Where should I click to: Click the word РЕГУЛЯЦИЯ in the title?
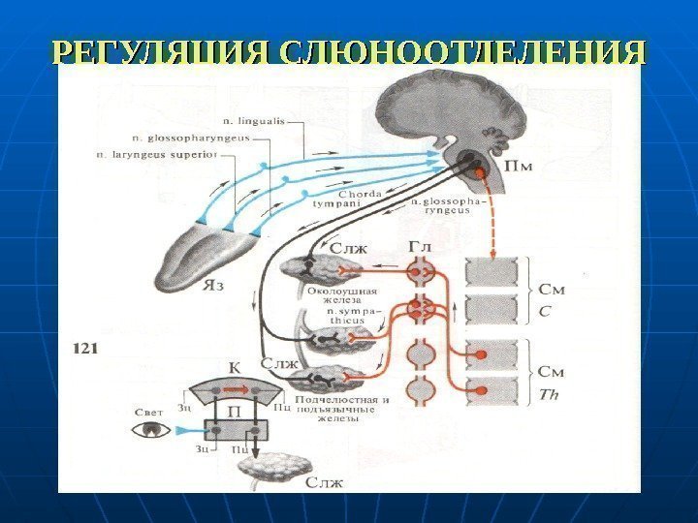click(x=161, y=52)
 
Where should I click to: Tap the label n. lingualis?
click(x=255, y=120)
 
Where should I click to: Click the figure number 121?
click(x=83, y=344)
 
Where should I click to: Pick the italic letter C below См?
click(x=546, y=311)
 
